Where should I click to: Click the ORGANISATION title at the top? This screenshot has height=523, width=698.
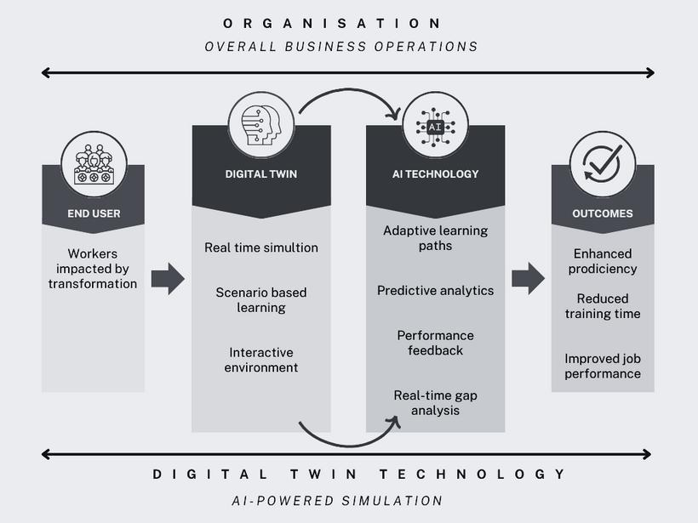[332, 23]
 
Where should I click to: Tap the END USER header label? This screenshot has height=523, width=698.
[93, 213]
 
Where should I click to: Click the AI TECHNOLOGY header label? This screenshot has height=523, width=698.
[435, 173]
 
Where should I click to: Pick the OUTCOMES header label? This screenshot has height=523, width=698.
[603, 213]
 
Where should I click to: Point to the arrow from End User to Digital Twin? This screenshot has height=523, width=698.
[167, 278]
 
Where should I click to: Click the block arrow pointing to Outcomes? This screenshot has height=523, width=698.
[528, 278]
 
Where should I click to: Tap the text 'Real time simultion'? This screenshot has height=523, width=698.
[261, 247]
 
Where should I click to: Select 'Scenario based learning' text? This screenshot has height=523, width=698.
[261, 299]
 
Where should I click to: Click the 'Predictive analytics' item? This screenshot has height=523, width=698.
[435, 290]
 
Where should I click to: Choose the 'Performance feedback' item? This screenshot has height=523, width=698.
[435, 342]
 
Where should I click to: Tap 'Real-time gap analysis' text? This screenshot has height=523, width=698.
[435, 402]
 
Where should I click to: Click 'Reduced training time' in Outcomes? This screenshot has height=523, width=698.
[603, 306]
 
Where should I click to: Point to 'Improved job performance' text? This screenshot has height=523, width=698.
[603, 366]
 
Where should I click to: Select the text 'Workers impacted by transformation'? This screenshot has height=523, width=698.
[93, 268]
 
